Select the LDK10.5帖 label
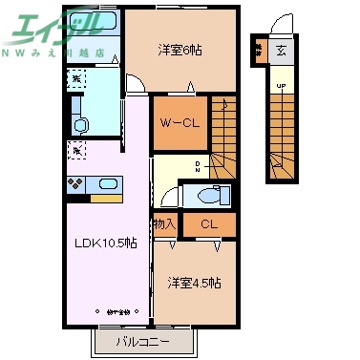[106, 244]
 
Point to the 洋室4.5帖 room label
[195, 283]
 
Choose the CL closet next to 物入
[207, 225]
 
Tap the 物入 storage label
[164, 225]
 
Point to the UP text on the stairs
[280, 88]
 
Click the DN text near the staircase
[198, 166]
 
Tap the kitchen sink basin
[104, 183]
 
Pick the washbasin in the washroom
[80, 124]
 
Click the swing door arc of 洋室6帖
[137, 85]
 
